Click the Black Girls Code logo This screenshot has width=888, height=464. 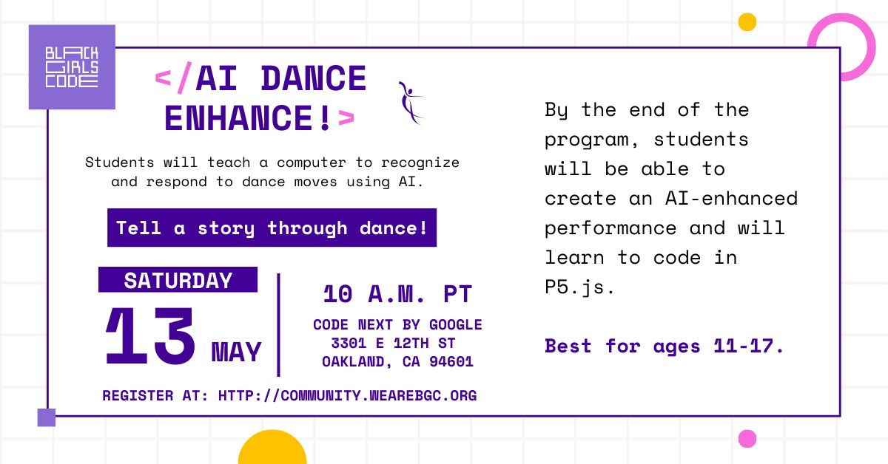[x=72, y=67]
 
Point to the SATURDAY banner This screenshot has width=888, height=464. [x=178, y=280]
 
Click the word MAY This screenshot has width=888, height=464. [x=237, y=352]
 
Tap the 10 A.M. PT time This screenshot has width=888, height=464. [x=397, y=295]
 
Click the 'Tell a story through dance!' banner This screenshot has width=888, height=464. [x=272, y=228]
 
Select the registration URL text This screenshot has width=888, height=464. [x=347, y=395]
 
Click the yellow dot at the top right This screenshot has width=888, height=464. [x=747, y=22]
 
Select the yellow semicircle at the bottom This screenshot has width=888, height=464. [x=272, y=449]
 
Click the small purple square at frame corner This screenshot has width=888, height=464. [x=47, y=417]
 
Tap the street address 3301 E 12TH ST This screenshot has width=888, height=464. [x=393, y=344]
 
